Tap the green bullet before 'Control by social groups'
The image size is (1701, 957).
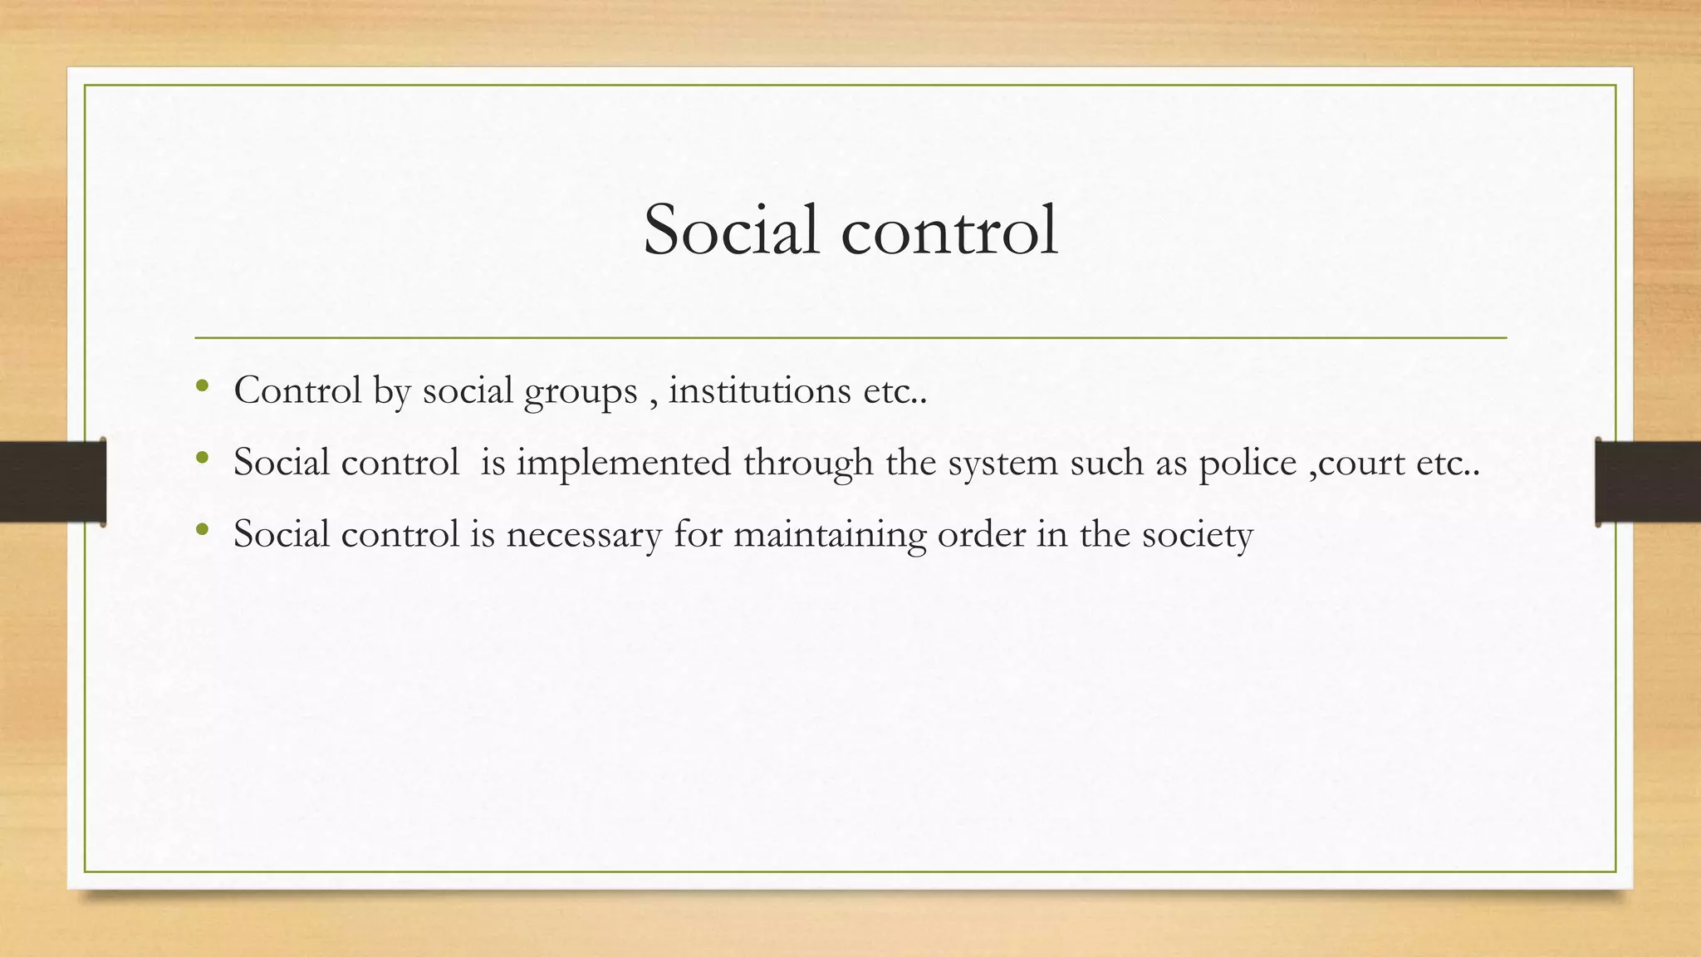coord(202,385)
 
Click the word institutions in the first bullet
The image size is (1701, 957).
coord(759,390)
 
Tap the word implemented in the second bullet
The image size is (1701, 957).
coord(623,463)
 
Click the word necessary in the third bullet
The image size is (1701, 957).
coord(583,534)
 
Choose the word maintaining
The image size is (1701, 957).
coord(829,534)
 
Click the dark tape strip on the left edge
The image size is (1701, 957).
coord(52,482)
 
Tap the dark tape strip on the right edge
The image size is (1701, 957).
coord(1648,482)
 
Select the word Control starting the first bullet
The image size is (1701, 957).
coord(297,390)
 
